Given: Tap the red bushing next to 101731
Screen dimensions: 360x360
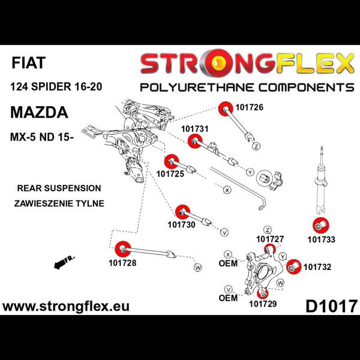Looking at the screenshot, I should (194, 142).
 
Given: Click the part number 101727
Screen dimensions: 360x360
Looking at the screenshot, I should (269, 239).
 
